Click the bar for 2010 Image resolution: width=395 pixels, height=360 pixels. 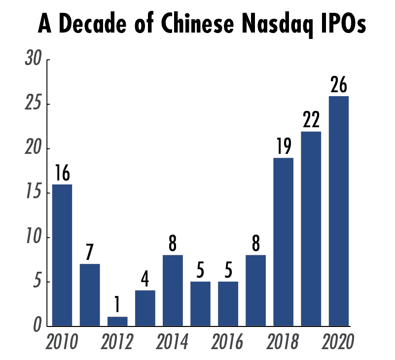pyautogui.click(x=62, y=255)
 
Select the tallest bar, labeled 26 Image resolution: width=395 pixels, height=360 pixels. pyautogui.click(x=339, y=211)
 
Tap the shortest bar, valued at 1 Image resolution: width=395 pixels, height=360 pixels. pyautogui.click(x=117, y=321)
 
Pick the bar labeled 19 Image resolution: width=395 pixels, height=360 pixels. pyautogui.click(x=284, y=242)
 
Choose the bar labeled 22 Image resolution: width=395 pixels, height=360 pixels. pyautogui.click(x=311, y=229)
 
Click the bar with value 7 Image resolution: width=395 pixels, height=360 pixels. pyautogui.click(x=90, y=295)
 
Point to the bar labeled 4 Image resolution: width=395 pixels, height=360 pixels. pyautogui.click(x=145, y=308)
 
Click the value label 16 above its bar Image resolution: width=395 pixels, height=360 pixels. pyautogui.click(x=62, y=174)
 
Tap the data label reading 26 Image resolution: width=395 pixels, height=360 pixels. pyautogui.click(x=339, y=85)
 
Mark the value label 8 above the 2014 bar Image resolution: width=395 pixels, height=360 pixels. pyautogui.click(x=173, y=244)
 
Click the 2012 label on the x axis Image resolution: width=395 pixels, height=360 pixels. pyautogui.click(x=117, y=342)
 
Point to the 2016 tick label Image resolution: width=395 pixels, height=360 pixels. pyautogui.click(x=227, y=342)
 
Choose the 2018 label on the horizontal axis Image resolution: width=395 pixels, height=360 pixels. pyautogui.click(x=283, y=342)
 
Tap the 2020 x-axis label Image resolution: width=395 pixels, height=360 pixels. pyautogui.click(x=338, y=342)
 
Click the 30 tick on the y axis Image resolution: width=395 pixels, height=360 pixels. pyautogui.click(x=35, y=61)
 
